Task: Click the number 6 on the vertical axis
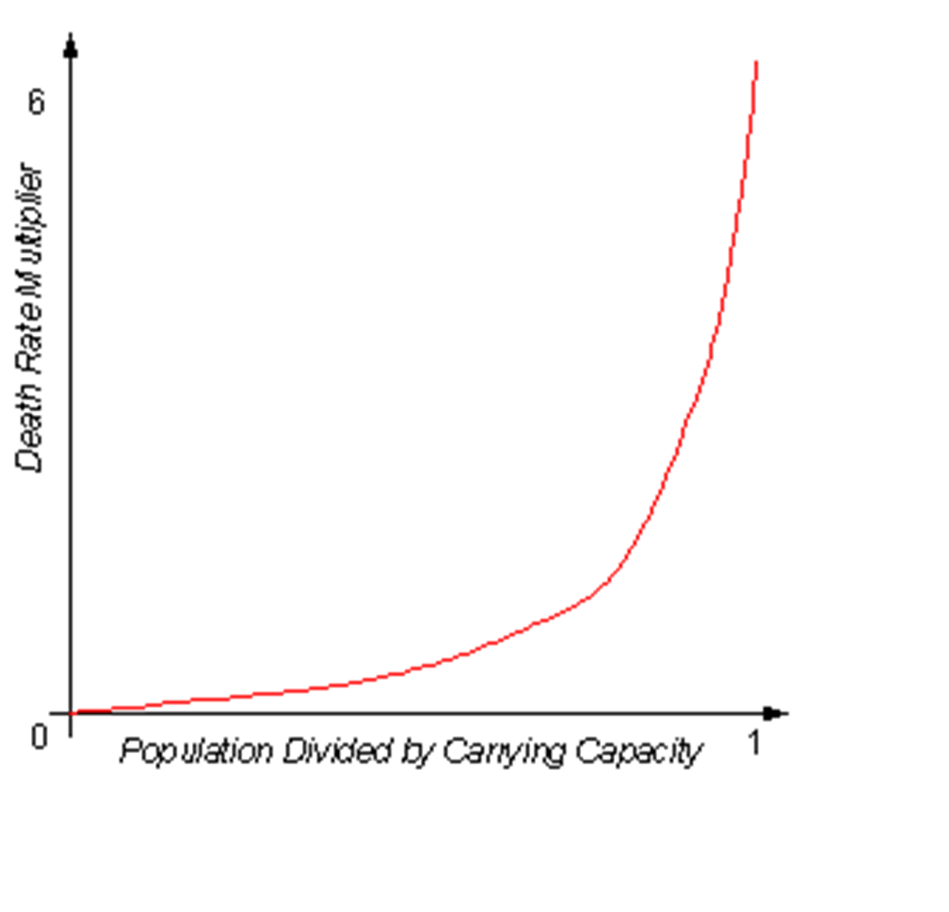pyautogui.click(x=37, y=102)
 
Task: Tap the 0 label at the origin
pyautogui.click(x=40, y=737)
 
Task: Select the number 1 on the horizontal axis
pyautogui.click(x=753, y=742)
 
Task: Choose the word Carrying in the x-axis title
pyautogui.click(x=505, y=753)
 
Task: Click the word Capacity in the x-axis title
pyautogui.click(x=638, y=753)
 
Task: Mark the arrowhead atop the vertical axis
pyautogui.click(x=71, y=45)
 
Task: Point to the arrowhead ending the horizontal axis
pyautogui.click(x=774, y=713)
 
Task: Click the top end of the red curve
pyautogui.click(x=757, y=61)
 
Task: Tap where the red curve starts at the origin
pyautogui.click(x=72, y=712)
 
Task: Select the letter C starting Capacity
pyautogui.click(x=587, y=750)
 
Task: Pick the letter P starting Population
pyautogui.click(x=132, y=750)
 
